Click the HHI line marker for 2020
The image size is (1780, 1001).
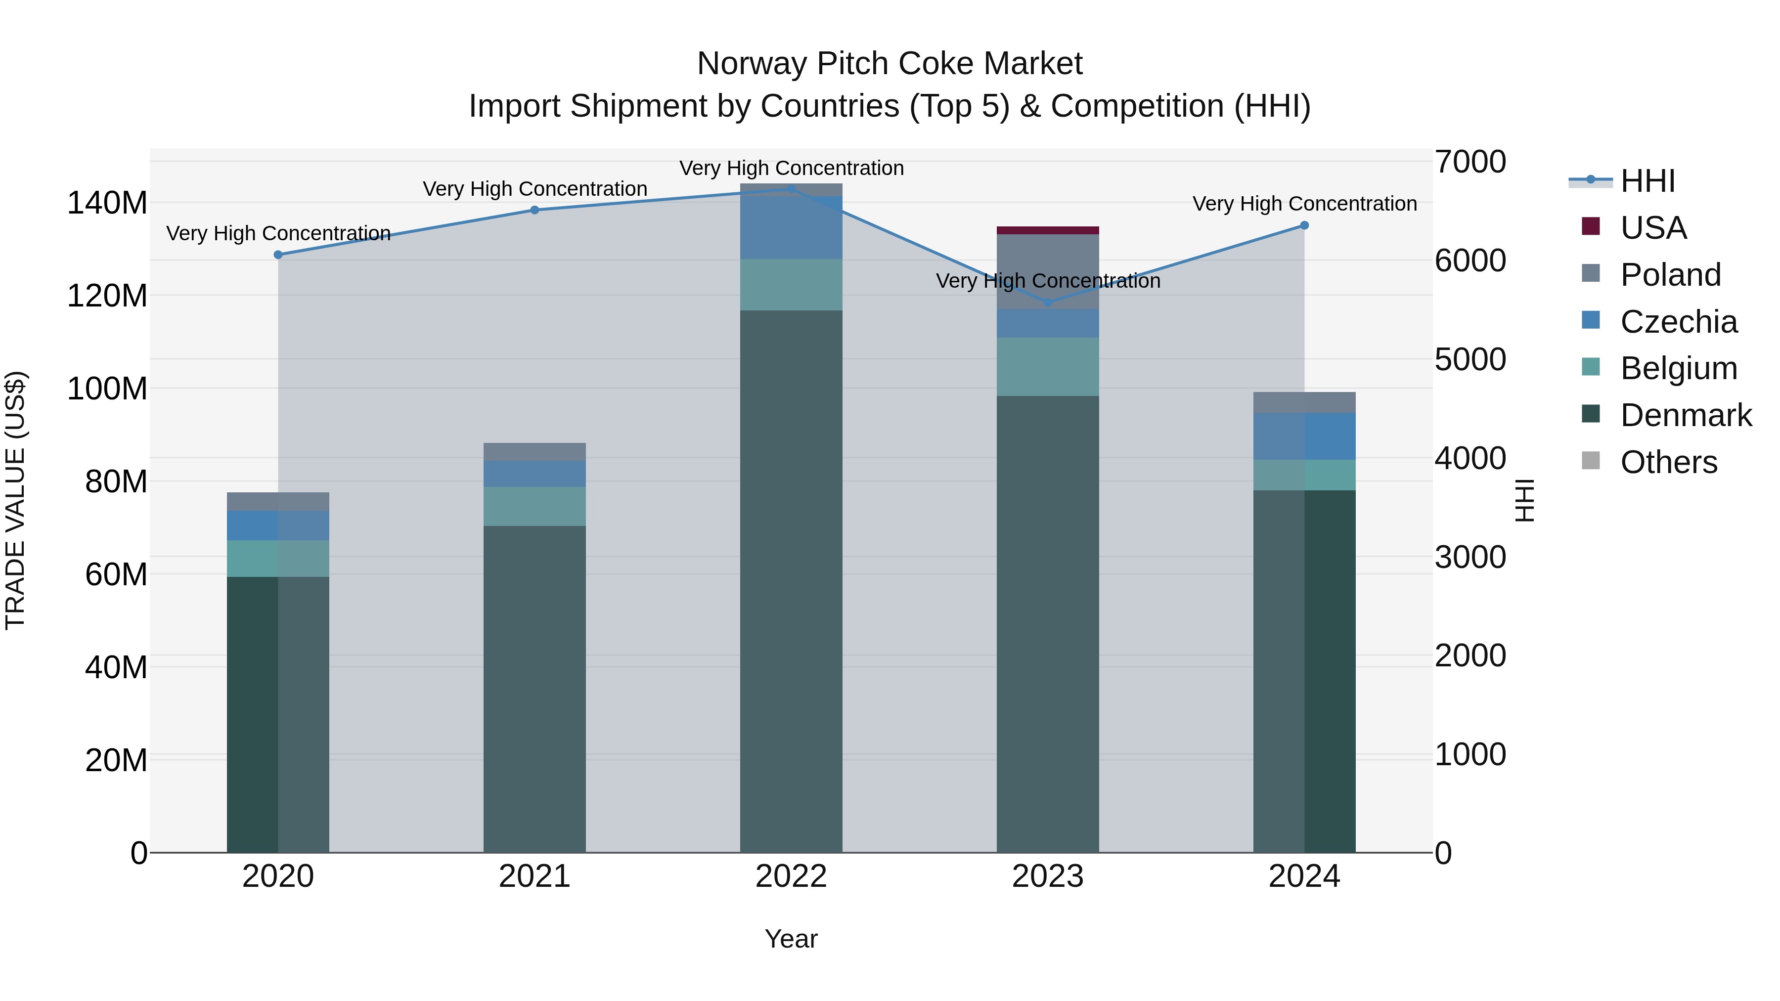pyautogui.click(x=278, y=255)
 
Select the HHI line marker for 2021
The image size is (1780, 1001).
pyautogui.click(x=534, y=210)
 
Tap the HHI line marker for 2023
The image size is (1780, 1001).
pyautogui.click(x=1048, y=303)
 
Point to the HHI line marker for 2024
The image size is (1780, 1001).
pyautogui.click(x=1304, y=225)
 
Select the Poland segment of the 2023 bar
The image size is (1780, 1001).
pyautogui.click(x=1048, y=271)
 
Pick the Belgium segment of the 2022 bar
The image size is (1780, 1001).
pyautogui.click(x=791, y=285)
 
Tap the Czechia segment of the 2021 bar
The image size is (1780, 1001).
pyautogui.click(x=534, y=474)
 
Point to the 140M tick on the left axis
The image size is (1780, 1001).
pyautogui.click(x=107, y=203)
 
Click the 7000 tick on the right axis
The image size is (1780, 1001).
pyautogui.click(x=1470, y=162)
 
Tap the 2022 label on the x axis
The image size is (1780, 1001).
pyautogui.click(x=791, y=876)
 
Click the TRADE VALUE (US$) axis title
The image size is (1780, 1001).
pyautogui.click(x=15, y=500)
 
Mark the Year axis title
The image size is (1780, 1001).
pyautogui.click(x=791, y=939)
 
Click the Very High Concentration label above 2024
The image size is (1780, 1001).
pyautogui.click(x=1304, y=204)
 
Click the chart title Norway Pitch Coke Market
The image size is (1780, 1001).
pyautogui.click(x=890, y=64)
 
